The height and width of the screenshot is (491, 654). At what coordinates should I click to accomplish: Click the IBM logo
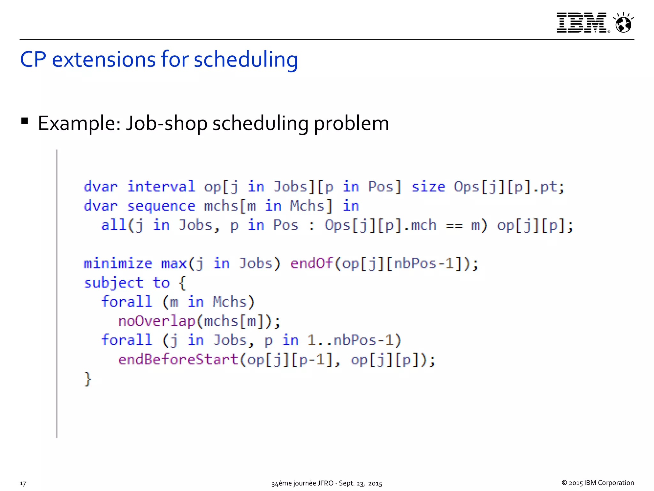click(582, 23)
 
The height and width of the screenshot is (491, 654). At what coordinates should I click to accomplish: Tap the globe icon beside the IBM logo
click(623, 23)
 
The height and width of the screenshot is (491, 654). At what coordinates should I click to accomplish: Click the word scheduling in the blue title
click(246, 60)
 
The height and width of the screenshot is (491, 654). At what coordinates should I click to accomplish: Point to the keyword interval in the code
click(161, 187)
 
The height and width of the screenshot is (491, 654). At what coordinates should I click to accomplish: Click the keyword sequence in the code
click(161, 206)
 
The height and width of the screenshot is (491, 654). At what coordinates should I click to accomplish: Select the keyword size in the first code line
click(428, 187)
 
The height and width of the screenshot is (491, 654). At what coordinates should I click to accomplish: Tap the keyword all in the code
click(113, 225)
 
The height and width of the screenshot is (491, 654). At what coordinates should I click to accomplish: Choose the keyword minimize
click(118, 264)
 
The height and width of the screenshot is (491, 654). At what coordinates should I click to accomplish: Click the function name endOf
click(311, 263)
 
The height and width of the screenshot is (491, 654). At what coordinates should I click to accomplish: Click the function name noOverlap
click(156, 321)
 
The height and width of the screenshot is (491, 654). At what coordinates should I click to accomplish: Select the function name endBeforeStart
click(178, 360)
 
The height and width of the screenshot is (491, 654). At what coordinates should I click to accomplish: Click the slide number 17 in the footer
click(23, 483)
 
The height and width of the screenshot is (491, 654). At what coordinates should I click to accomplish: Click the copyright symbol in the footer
click(564, 483)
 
